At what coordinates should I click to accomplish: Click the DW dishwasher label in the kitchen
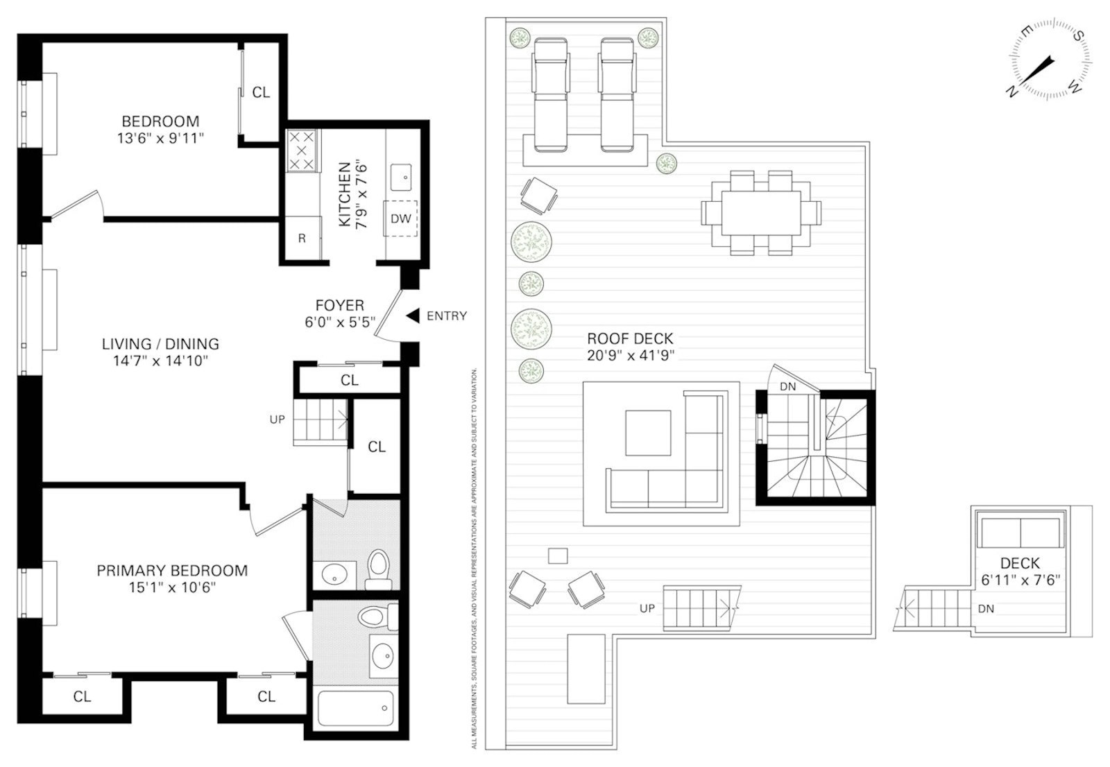click(x=400, y=218)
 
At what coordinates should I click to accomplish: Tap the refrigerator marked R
click(x=302, y=239)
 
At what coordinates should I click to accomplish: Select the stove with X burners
click(x=302, y=150)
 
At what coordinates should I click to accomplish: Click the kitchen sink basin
click(x=401, y=177)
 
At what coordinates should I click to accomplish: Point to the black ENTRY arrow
click(x=413, y=316)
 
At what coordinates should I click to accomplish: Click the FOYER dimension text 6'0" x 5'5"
click(x=339, y=322)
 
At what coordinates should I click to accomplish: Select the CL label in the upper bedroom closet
click(x=261, y=92)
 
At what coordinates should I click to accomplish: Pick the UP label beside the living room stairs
click(x=277, y=420)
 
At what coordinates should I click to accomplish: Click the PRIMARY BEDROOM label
click(x=171, y=571)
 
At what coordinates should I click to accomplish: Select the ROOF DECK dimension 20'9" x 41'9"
click(x=630, y=356)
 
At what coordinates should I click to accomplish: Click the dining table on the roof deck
click(x=761, y=213)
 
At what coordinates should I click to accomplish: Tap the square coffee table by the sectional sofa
click(x=648, y=433)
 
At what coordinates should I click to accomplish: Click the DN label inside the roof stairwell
click(x=787, y=386)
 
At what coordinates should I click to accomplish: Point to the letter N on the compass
click(x=1013, y=91)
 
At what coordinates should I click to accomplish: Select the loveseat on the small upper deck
click(x=1020, y=532)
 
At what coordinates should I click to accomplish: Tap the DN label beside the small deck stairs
click(x=986, y=609)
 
